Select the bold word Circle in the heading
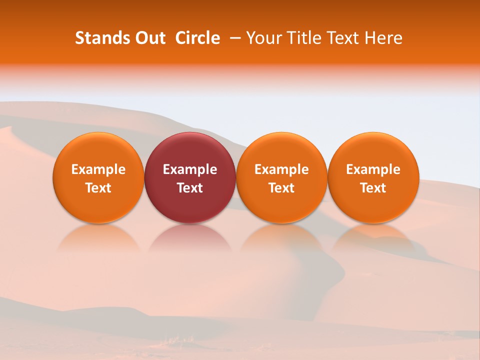click(x=197, y=38)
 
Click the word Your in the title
click(x=263, y=38)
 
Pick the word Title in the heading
click(x=303, y=38)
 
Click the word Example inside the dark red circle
click(x=190, y=169)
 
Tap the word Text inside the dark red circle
click(x=190, y=188)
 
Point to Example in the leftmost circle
click(x=98, y=169)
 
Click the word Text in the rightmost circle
click(x=373, y=188)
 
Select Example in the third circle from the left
click(x=281, y=169)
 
